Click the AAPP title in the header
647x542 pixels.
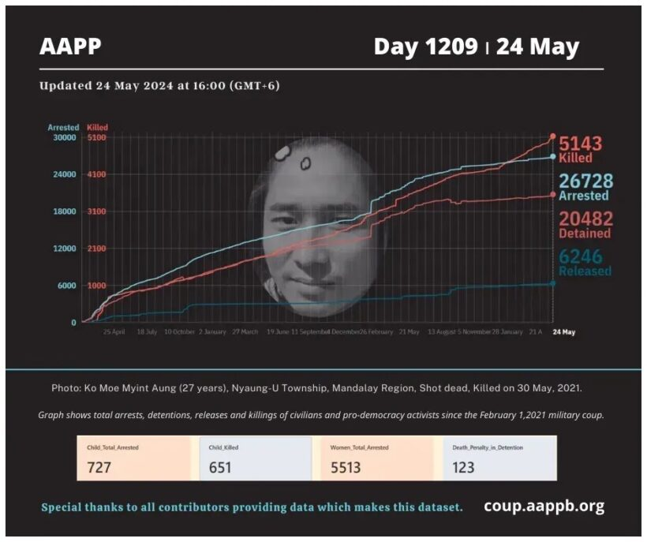[x=70, y=47]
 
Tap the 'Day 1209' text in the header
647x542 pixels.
[x=425, y=47]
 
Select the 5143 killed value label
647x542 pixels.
[x=580, y=144]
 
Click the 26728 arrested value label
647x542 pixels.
[x=585, y=181]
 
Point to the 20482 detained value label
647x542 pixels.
[x=585, y=219]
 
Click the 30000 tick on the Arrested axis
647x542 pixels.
[x=64, y=137]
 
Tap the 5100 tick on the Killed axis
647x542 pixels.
[x=97, y=137]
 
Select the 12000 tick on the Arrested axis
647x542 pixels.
[x=64, y=249]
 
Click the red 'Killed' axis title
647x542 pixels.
[x=98, y=127]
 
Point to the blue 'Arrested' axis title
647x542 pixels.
[x=63, y=127]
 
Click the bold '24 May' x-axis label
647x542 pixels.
[x=563, y=332]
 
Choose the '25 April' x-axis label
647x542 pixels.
[x=114, y=332]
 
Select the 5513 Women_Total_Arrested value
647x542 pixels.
[x=346, y=467]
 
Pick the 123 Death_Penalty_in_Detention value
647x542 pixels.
[x=463, y=467]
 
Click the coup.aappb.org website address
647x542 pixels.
[x=544, y=506]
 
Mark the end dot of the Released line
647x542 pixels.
[x=552, y=283]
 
